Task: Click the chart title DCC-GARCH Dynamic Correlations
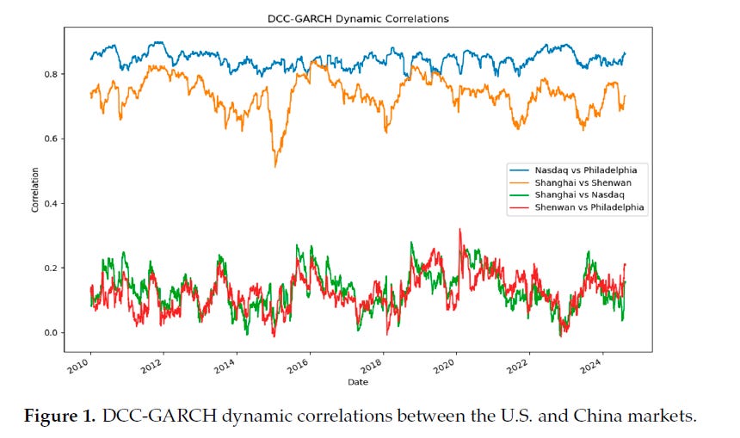[x=357, y=18]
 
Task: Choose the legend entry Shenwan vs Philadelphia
[x=589, y=207]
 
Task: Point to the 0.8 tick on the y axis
[x=50, y=74]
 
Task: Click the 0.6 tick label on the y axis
[x=50, y=139]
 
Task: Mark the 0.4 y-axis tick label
[x=50, y=203]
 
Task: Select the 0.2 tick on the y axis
[x=50, y=268]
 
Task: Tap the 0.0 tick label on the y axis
[x=50, y=333]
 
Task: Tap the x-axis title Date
[x=357, y=381]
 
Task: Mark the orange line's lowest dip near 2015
[x=275, y=165]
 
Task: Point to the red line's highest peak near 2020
[x=459, y=230]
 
